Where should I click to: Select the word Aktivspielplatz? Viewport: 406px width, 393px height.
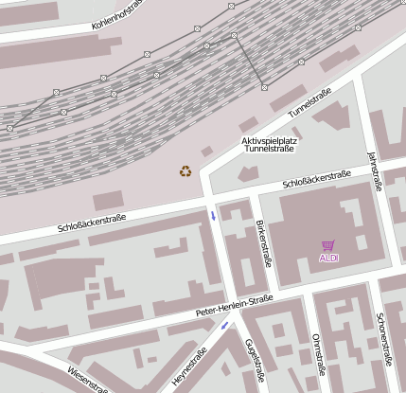(270, 139)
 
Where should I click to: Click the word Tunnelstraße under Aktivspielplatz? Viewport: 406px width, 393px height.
(270, 149)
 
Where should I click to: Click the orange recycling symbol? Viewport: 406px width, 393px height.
(185, 171)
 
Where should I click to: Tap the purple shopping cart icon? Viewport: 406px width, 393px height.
(328, 245)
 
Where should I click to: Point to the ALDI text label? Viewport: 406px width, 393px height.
(328, 258)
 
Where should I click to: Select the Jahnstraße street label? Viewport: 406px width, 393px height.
(373, 171)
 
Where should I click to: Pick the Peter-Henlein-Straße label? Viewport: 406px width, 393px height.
(234, 305)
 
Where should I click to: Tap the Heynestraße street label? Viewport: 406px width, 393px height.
(190, 368)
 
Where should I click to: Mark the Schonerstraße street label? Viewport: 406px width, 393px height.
(384, 338)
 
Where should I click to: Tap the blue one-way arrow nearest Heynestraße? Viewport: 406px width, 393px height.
(224, 326)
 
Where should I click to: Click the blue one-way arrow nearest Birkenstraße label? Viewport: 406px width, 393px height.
(214, 216)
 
